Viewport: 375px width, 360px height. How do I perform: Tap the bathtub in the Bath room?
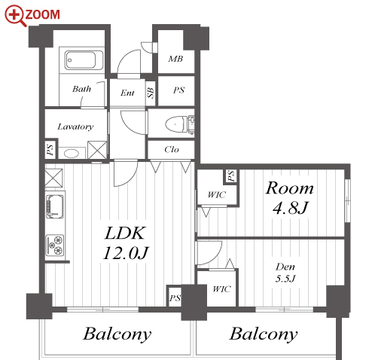81,60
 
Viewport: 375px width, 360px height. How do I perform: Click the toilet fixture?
179,124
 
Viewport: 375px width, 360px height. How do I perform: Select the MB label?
175,59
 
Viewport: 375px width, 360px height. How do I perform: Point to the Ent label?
127,93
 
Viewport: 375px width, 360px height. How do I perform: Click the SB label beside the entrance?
151,93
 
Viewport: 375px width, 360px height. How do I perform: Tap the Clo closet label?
172,150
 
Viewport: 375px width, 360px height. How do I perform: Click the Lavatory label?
75,127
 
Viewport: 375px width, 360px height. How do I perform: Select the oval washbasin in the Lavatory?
72,154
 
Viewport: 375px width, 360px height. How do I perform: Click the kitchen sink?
55,206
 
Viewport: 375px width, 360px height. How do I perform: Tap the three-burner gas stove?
55,246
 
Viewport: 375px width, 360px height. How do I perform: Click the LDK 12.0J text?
126,243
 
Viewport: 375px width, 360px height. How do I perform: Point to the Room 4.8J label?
290,198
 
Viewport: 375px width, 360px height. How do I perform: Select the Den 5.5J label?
285,273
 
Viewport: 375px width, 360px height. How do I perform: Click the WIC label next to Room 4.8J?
217,195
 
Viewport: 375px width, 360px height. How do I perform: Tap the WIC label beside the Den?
221,289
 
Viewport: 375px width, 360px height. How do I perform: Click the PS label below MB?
178,90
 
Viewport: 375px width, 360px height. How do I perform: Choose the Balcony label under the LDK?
117,334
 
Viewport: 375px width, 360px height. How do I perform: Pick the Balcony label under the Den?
264,334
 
